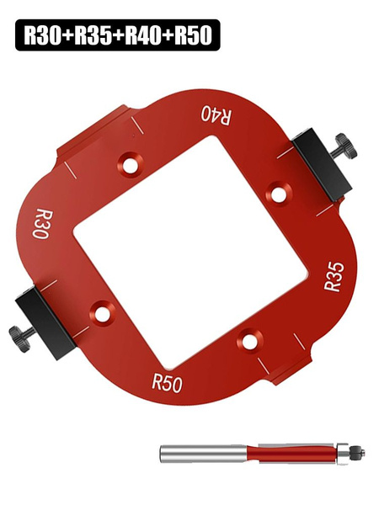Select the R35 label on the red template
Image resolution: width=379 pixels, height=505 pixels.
coord(334,276)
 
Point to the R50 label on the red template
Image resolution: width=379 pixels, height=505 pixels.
coord(167,382)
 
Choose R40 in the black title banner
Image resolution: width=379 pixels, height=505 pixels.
coord(143,35)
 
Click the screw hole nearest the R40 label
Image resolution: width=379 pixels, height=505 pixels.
coord(131,163)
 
